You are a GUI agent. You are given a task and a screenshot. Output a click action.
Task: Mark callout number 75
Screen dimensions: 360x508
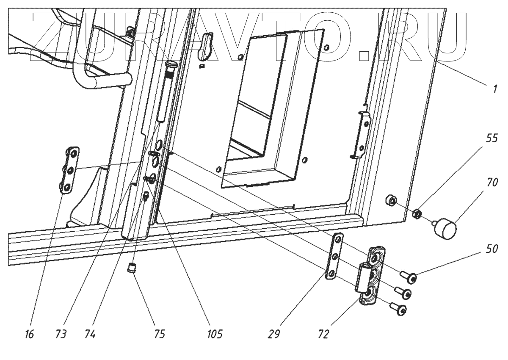click(x=159, y=334)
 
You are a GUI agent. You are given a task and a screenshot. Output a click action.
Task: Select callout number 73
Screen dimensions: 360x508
click(x=61, y=334)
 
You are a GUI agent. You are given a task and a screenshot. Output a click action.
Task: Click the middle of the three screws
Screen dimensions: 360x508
click(x=403, y=293)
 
